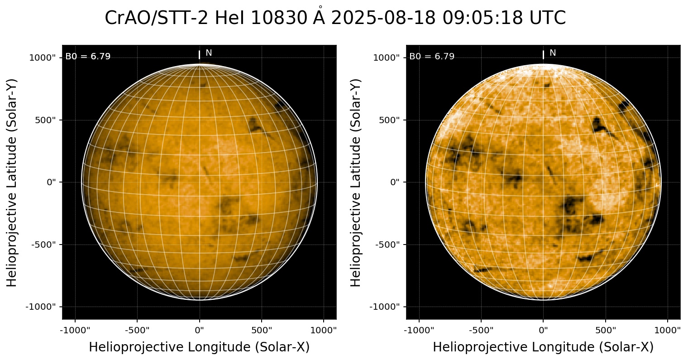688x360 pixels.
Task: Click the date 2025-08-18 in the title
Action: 383,19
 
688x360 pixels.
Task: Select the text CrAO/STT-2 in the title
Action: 157,19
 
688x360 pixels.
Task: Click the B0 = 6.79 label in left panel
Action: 88,57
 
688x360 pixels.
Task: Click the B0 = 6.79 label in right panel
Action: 432,57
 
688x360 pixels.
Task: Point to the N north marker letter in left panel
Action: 209,53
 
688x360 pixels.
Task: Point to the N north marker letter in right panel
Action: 553,53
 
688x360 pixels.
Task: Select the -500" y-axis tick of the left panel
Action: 46,245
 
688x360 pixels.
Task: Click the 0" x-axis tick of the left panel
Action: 200,330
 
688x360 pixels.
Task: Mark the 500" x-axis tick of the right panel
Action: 606,330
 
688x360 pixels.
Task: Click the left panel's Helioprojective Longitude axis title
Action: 199,347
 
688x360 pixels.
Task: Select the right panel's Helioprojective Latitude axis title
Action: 356,182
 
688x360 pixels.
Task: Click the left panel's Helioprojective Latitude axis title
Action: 12,182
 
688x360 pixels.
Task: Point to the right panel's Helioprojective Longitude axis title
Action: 543,347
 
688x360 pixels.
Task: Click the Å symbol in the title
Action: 320,18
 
